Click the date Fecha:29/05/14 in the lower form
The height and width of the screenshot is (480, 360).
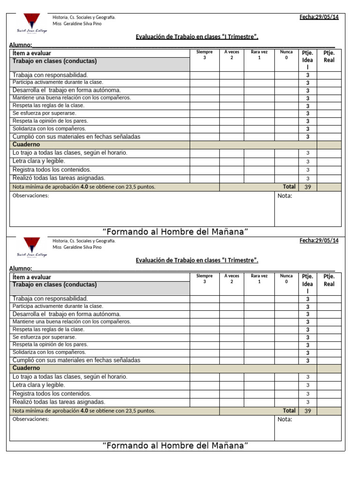click(319, 240)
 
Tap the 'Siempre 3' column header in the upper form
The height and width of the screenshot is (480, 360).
click(204, 55)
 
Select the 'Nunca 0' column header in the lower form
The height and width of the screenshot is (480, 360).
click(286, 278)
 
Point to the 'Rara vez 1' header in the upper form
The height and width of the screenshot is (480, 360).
click(259, 55)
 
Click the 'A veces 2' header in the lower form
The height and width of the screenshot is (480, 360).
click(232, 278)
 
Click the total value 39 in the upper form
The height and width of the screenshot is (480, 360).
click(307, 187)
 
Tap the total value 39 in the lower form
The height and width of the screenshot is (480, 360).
click(307, 411)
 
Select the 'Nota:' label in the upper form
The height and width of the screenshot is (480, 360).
click(285, 195)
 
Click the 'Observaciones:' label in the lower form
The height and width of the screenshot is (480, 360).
click(30, 419)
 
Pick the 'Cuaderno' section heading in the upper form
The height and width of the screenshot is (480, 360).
click(26, 145)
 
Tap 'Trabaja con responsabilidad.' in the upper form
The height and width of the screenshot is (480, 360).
click(50, 75)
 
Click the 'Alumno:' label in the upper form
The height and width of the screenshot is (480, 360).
click(21, 45)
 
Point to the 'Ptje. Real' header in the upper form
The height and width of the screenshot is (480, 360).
click(329, 56)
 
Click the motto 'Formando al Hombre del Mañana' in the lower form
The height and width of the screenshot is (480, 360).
click(175, 445)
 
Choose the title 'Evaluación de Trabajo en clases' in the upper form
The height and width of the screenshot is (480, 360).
click(197, 37)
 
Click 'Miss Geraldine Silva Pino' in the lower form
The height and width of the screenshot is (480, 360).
click(77, 247)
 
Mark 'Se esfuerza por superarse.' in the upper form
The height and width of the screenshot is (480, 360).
click(44, 113)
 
